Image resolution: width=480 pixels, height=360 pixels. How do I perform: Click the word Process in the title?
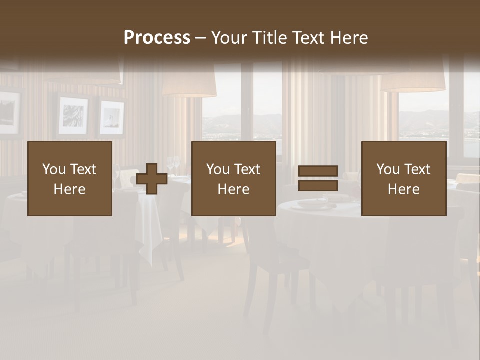point(157,38)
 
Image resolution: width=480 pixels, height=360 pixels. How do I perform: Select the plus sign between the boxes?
point(152,179)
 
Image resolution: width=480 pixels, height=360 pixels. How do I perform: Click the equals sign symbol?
point(318,178)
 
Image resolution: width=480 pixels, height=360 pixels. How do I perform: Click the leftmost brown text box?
point(70,178)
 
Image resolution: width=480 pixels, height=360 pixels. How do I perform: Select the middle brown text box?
point(234,178)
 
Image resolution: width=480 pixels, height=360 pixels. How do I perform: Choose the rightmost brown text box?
point(404,178)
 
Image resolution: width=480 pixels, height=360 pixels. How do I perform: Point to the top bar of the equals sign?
point(318,171)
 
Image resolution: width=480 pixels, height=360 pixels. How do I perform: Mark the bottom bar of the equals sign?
point(318,186)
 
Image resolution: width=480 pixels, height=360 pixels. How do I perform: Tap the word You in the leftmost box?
point(54,169)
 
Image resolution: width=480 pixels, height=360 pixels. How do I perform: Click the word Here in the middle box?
point(234,189)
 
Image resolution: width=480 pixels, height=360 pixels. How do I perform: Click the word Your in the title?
point(230,38)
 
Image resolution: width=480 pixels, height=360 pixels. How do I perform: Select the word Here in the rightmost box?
point(404,189)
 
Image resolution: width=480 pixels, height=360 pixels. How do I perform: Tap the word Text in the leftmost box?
point(83,169)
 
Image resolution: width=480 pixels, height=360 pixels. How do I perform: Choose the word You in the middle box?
point(218,169)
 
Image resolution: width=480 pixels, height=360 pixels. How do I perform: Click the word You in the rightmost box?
point(388,169)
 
